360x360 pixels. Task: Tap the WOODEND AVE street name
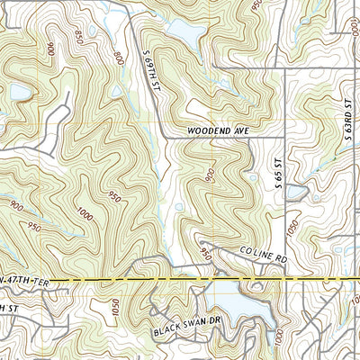tap(217, 130)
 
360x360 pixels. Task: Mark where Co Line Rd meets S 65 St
tap(285, 262)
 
